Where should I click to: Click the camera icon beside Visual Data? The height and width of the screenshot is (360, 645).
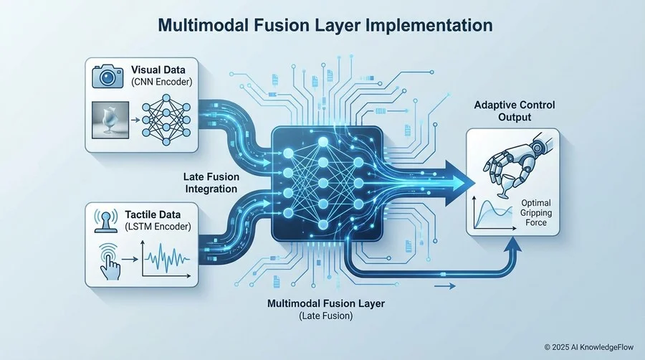tap(107, 76)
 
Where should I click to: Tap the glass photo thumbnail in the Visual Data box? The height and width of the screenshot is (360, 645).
tap(110, 120)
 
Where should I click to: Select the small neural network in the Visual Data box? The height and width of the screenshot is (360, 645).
tap(166, 120)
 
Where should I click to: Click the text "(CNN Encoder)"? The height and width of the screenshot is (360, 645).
tap(162, 82)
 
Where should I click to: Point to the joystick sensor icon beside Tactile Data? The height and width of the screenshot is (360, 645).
tap(106, 221)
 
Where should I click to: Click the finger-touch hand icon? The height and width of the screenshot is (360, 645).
tap(109, 261)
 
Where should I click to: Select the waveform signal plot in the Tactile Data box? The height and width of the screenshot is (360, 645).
tap(166, 259)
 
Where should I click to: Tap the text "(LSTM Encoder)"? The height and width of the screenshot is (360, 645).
tap(158, 227)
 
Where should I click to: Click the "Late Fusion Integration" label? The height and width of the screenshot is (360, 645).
tap(211, 183)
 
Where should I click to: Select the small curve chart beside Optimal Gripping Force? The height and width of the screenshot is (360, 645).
tap(494, 214)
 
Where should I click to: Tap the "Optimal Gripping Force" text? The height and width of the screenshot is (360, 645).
tap(536, 213)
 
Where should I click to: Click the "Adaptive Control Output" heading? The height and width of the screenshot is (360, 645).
tap(515, 111)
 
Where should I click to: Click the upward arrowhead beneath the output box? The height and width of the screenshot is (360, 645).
tap(512, 245)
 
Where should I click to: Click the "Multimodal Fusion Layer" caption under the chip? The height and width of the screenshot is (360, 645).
tap(326, 303)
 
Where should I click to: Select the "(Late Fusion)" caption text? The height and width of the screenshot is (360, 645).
tap(326, 316)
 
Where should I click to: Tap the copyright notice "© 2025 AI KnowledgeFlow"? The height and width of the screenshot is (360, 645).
tap(589, 347)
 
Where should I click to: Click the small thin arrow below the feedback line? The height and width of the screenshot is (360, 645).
tap(445, 286)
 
